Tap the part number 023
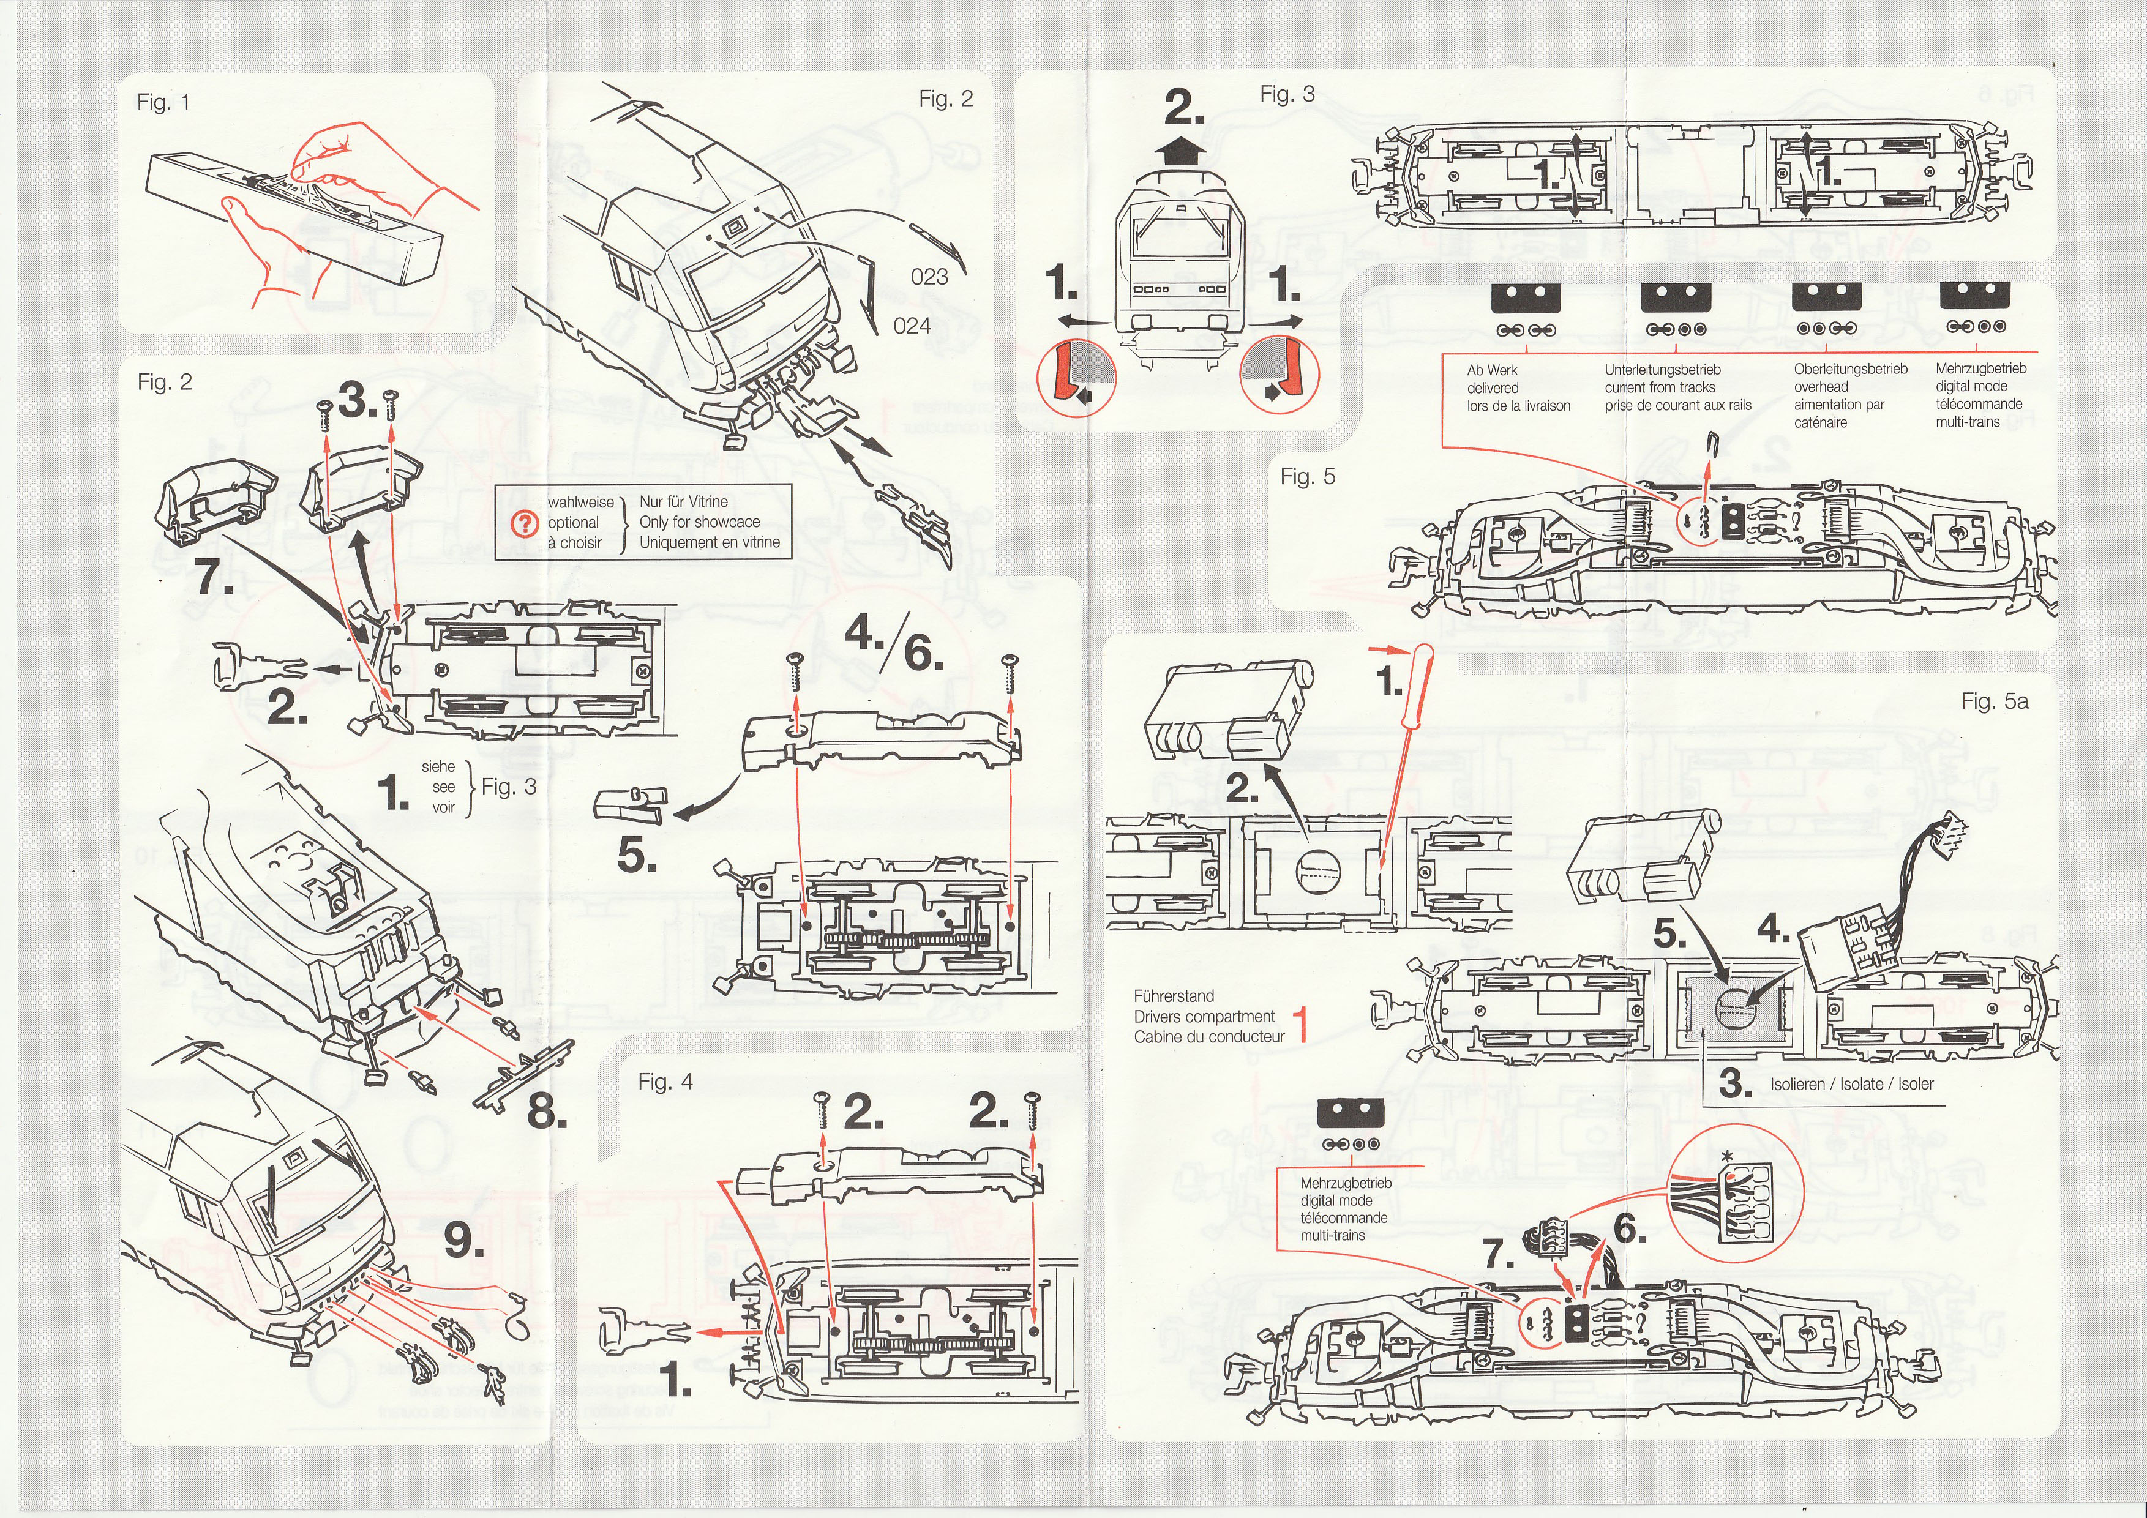[929, 277]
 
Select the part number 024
[912, 325]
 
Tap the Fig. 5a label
[1995, 701]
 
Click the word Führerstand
[1174, 996]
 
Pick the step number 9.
[463, 1241]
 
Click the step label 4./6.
[893, 645]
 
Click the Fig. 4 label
[666, 1082]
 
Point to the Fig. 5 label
[1307, 477]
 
